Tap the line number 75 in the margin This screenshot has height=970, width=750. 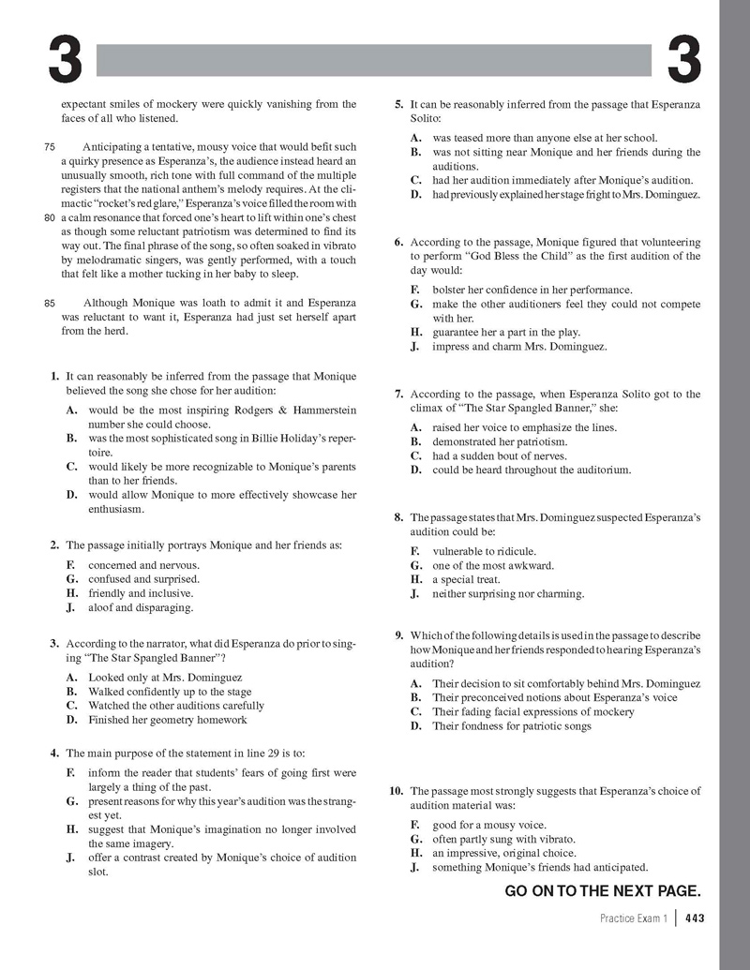pos(51,147)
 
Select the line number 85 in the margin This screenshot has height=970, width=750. pos(51,303)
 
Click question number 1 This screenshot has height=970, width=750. pos(56,377)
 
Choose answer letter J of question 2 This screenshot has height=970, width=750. pos(71,607)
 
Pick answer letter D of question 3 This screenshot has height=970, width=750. pos(71,720)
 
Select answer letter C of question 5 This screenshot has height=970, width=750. pos(416,180)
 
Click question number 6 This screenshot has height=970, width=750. pos(400,242)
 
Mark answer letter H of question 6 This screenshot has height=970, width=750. pos(416,332)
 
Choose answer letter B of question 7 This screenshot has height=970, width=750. pos(416,441)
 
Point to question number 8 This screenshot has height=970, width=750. pos(400,517)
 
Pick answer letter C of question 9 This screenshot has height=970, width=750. pos(416,711)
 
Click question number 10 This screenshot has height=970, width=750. pos(397,791)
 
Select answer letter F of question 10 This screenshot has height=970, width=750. pos(416,825)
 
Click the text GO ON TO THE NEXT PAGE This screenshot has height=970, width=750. pos(603,891)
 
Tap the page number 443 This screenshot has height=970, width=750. pos(695,919)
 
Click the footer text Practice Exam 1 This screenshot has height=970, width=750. pos(635,919)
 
